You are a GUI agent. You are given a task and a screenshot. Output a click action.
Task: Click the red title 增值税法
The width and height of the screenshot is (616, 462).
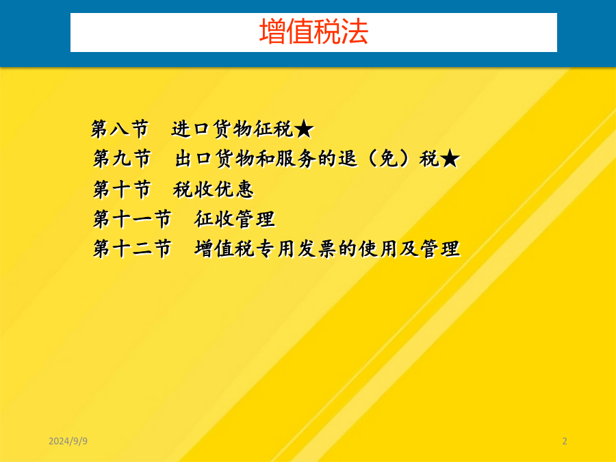[313, 31]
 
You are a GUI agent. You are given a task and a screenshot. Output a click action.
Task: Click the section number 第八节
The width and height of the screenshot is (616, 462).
[120, 129]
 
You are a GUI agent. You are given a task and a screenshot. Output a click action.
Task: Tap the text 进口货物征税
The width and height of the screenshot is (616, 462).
[232, 129]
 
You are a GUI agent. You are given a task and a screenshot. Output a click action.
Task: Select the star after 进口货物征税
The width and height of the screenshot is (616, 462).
[304, 129]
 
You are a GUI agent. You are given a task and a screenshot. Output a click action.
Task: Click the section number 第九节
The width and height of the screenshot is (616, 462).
[122, 159]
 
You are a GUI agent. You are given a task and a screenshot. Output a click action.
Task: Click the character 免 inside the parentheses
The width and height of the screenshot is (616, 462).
[389, 159]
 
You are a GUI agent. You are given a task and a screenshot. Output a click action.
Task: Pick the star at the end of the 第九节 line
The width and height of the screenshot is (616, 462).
[450, 159]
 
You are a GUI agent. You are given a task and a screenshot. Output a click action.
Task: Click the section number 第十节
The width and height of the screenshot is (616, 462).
[122, 189]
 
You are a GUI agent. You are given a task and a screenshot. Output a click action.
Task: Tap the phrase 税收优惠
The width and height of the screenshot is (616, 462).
[214, 189]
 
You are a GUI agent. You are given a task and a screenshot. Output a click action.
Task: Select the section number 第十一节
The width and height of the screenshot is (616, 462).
[132, 219]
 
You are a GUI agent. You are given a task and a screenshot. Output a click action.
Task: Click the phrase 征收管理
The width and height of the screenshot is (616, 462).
[235, 219]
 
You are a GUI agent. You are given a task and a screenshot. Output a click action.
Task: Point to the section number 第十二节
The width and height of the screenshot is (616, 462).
[132, 248]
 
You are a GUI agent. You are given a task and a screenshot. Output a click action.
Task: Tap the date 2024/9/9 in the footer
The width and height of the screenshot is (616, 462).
[68, 441]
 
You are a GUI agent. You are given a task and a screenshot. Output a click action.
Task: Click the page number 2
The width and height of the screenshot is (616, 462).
[565, 441]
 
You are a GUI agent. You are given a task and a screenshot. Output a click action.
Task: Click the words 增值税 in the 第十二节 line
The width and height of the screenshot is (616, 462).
[225, 248]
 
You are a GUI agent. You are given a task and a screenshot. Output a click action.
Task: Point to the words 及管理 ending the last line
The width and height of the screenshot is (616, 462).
[429, 248]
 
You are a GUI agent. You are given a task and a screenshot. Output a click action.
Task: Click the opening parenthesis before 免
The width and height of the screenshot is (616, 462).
[372, 159]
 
